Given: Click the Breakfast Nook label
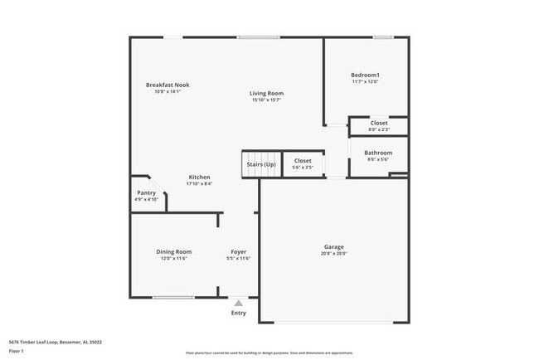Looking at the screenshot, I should (168, 85).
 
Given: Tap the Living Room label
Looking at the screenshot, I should (266, 94).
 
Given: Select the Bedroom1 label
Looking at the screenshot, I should (366, 75).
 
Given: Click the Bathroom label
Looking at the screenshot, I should (378, 153).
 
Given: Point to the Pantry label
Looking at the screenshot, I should (146, 193).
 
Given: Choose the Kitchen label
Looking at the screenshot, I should (199, 178).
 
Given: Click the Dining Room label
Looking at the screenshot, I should (174, 251).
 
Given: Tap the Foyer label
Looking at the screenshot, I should (238, 251).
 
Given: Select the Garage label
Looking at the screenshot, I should (334, 246).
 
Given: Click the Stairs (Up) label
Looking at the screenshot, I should (261, 165).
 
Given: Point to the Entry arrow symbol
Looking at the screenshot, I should (239, 304).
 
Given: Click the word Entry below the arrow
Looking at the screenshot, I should (239, 313).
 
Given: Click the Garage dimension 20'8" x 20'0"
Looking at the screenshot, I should (334, 254).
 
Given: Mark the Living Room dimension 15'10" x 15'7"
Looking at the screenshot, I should (266, 100).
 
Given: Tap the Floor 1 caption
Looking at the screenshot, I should (16, 351).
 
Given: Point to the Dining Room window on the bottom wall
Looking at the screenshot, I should (173, 297).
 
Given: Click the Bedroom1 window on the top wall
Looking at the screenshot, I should (382, 36).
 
